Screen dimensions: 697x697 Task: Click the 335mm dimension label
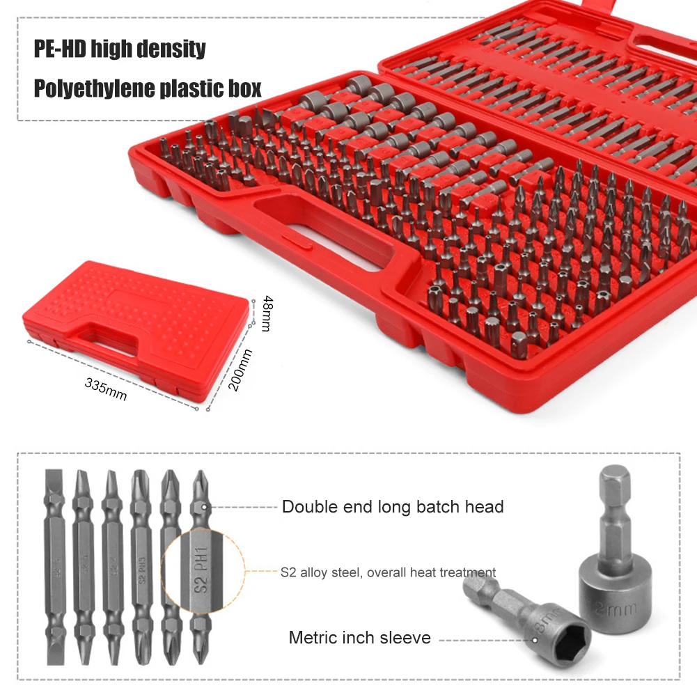(x=106, y=388)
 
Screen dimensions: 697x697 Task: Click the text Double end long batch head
(x=392, y=507)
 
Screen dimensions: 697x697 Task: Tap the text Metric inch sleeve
(x=359, y=638)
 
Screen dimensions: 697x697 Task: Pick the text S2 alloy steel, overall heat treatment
(x=388, y=573)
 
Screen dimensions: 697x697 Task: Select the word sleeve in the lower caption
(x=407, y=638)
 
